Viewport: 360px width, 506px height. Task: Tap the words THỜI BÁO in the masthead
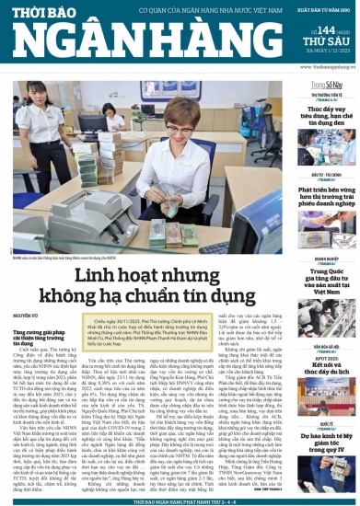coord(55,12)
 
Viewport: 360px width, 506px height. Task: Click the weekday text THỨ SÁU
coord(330,40)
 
